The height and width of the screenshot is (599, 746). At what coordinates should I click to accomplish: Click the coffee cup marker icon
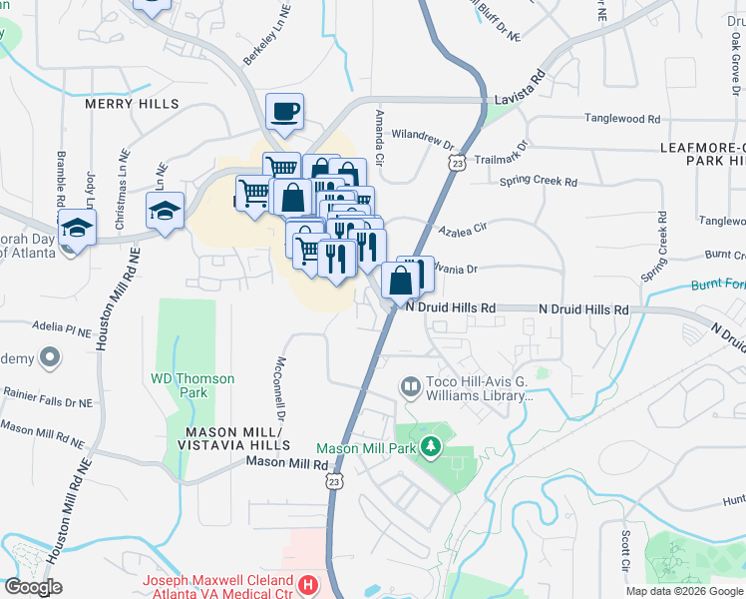(284, 112)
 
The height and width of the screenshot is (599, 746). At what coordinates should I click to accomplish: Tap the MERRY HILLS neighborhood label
(132, 104)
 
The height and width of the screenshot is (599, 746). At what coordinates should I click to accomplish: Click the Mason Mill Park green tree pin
(430, 446)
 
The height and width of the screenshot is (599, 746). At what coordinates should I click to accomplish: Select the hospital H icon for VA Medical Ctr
(309, 583)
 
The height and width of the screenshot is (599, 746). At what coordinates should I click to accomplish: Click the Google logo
(32, 587)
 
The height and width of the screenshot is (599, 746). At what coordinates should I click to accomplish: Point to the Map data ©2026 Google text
(683, 591)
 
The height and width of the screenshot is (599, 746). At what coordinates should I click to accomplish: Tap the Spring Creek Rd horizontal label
(539, 182)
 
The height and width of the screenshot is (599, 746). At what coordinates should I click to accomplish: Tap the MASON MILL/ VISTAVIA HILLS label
(237, 437)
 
